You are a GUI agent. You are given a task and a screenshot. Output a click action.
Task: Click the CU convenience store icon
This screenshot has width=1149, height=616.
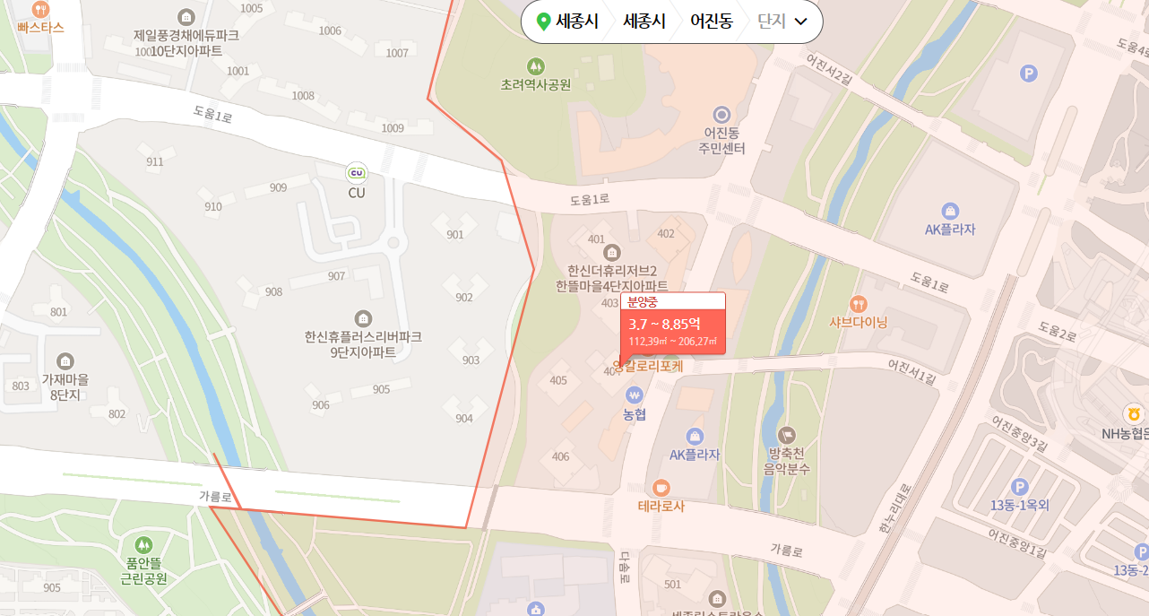click(357, 172)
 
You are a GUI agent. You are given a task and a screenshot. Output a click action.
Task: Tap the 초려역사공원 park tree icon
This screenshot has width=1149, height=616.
click(536, 65)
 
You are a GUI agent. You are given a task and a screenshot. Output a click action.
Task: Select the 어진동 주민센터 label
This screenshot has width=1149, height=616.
click(722, 141)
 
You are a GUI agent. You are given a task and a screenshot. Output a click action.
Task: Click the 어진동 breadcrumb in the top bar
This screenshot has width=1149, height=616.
click(711, 22)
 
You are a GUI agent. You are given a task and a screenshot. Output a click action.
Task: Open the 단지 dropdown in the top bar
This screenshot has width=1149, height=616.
click(782, 22)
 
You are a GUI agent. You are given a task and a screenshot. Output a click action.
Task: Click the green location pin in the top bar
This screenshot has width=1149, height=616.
click(542, 22)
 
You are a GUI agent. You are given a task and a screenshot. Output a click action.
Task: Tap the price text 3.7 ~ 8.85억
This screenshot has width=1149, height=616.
click(664, 324)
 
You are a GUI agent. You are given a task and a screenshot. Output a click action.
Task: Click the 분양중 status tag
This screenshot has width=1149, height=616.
click(643, 302)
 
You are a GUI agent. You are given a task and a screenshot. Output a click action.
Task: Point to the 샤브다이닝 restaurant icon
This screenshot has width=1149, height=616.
click(859, 303)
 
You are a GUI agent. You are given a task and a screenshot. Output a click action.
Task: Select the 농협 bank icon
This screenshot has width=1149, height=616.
click(635, 395)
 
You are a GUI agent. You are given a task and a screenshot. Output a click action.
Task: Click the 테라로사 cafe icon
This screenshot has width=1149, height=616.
click(661, 487)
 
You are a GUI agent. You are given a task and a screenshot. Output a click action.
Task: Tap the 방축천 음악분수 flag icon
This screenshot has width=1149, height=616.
click(786, 434)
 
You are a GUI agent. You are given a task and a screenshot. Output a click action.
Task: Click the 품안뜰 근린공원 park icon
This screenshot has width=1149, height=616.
click(143, 544)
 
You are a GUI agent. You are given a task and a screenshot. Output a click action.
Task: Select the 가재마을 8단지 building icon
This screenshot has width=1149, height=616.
click(65, 361)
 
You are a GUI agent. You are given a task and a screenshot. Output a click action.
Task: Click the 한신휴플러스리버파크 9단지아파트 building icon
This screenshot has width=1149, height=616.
click(363, 317)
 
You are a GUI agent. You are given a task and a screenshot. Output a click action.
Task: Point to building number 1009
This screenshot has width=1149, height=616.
click(393, 128)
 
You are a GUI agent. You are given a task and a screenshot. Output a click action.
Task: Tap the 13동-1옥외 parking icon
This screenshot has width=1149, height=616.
click(1019, 486)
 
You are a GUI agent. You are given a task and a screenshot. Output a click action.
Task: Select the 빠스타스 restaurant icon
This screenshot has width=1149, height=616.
click(40, 9)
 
